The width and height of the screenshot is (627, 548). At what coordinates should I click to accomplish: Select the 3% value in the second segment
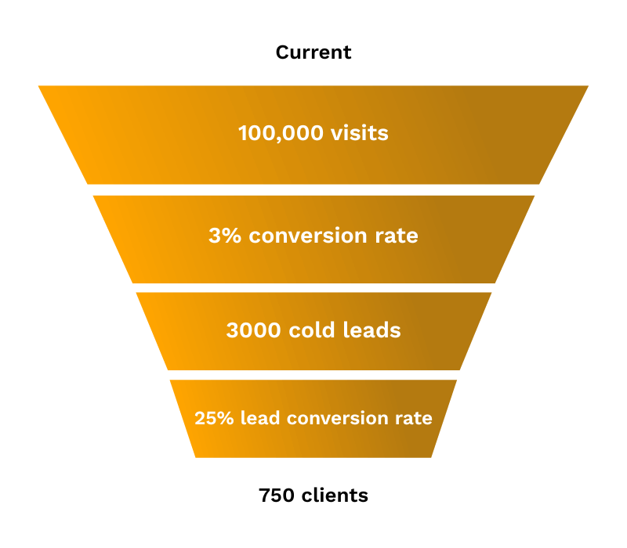(225, 236)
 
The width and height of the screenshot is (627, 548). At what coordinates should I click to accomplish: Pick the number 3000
(253, 330)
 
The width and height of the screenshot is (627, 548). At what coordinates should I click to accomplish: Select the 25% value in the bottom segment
(214, 418)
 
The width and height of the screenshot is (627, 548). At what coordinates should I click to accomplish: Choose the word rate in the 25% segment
(413, 418)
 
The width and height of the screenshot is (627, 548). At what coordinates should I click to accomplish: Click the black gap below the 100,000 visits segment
(313, 189)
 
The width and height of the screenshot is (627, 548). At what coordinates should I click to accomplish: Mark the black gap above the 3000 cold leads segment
(313, 287)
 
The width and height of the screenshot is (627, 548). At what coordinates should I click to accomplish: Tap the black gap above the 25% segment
(313, 375)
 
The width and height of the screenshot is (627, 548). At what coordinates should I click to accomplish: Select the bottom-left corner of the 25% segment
(196, 456)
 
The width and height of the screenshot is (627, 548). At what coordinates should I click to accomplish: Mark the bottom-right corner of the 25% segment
(430, 456)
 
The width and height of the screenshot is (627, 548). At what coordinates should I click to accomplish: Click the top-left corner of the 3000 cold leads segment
(137, 294)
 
